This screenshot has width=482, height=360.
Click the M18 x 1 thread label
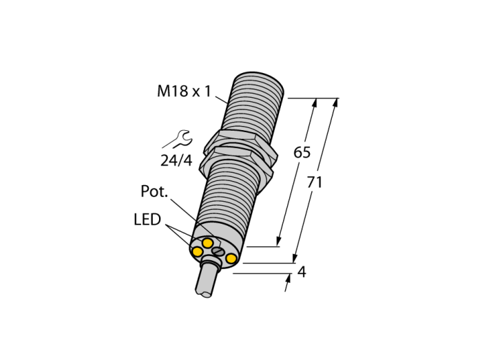(x=184, y=92)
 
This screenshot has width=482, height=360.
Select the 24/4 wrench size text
(x=176, y=160)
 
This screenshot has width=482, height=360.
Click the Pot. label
(x=154, y=191)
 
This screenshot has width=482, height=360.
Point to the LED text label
(x=147, y=220)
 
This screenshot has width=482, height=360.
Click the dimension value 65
(x=302, y=152)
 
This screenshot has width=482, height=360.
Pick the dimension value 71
(x=315, y=182)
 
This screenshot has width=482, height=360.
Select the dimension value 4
(x=302, y=272)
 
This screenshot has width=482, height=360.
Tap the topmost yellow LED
(x=207, y=243)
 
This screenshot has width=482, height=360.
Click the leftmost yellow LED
(x=197, y=252)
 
